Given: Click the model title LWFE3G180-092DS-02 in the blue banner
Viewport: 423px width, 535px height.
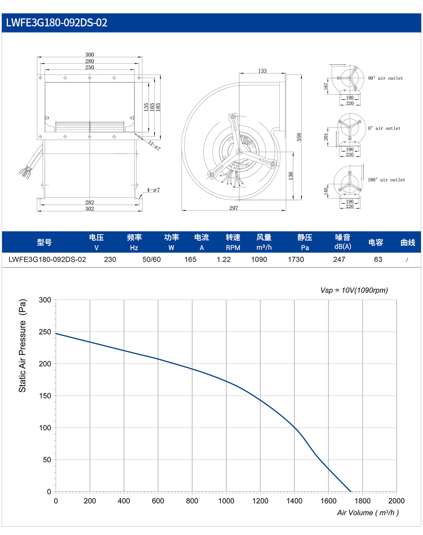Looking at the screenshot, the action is tap(57, 23).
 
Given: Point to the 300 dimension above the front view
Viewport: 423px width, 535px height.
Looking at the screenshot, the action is tap(90, 54).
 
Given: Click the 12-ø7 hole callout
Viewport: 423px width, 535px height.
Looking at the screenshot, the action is tap(155, 146).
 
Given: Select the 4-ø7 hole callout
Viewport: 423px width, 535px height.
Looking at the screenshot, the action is tap(153, 190).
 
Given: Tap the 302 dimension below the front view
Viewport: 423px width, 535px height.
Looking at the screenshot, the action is tap(90, 209).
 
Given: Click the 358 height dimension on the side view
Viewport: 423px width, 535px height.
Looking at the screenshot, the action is tap(299, 138).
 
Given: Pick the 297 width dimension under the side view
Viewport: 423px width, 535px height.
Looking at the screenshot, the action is tap(234, 208).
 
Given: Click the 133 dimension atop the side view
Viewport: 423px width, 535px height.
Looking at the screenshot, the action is tap(263, 71).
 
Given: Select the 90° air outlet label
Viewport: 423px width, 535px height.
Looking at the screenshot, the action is tap(385, 78).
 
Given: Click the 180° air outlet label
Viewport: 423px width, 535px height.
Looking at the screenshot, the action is tap(387, 180).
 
